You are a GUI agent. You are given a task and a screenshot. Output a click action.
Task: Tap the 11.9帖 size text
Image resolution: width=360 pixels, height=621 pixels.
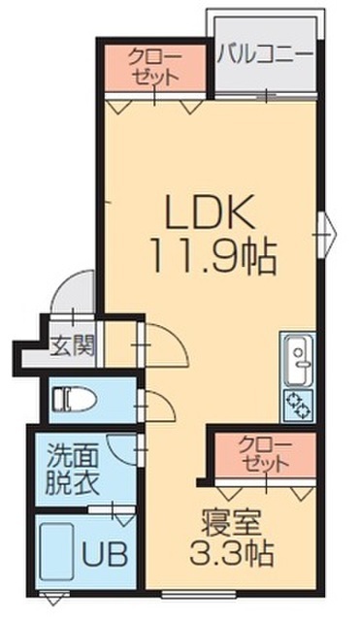point(213,256)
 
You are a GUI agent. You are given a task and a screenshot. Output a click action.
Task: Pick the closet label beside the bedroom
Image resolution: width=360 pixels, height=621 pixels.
point(264,455)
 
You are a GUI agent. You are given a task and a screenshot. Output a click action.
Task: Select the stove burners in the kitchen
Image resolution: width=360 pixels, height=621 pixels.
point(297,405)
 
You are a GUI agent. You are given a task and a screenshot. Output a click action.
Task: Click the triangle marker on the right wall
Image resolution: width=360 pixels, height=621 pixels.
point(328,231)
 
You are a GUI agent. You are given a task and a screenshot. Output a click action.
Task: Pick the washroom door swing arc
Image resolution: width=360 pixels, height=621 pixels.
point(122,447)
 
